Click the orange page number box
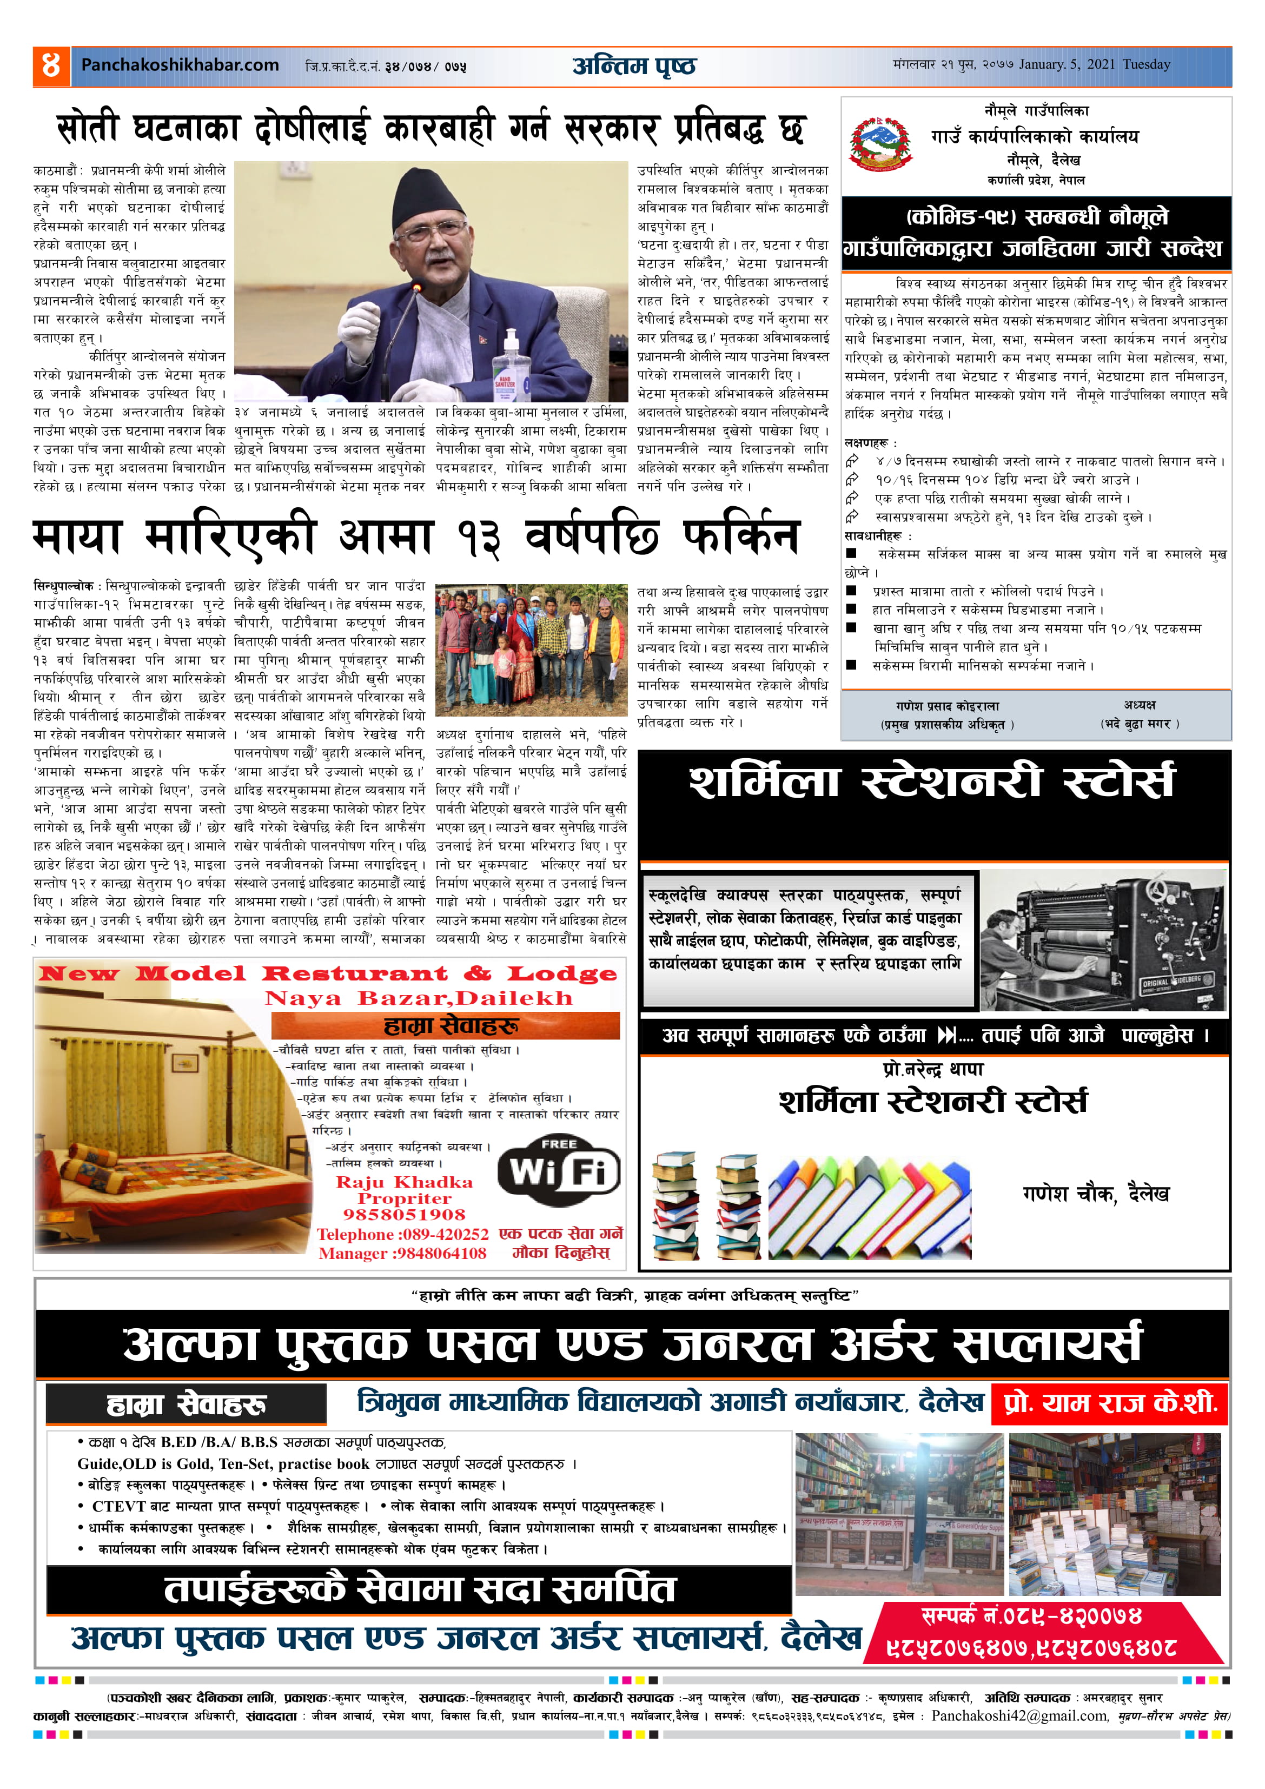(x=51, y=65)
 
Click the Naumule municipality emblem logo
(x=881, y=144)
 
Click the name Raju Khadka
(x=405, y=1182)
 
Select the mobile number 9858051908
(x=405, y=1215)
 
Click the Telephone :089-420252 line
(x=402, y=1234)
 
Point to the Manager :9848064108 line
(x=402, y=1253)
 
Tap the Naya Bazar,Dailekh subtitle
(x=419, y=998)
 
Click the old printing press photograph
(x=1103, y=940)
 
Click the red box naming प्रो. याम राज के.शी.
(x=1110, y=1403)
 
